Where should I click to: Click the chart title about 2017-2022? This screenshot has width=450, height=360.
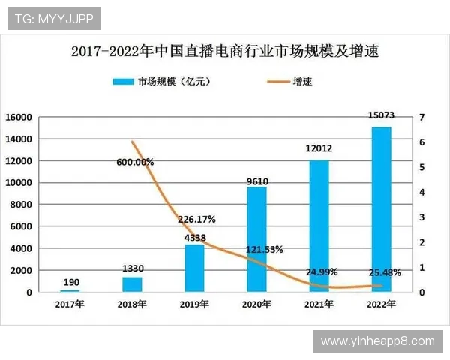click(x=225, y=52)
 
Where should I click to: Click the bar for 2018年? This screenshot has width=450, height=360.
click(x=132, y=284)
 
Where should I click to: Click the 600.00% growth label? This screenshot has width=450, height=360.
click(x=135, y=161)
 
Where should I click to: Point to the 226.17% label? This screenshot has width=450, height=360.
click(x=196, y=220)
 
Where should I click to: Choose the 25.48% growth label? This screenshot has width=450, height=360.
click(x=382, y=271)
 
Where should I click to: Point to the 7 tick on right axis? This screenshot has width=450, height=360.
click(x=422, y=118)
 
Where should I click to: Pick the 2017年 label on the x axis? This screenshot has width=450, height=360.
click(x=70, y=304)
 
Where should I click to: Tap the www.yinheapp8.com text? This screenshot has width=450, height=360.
click(x=377, y=341)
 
